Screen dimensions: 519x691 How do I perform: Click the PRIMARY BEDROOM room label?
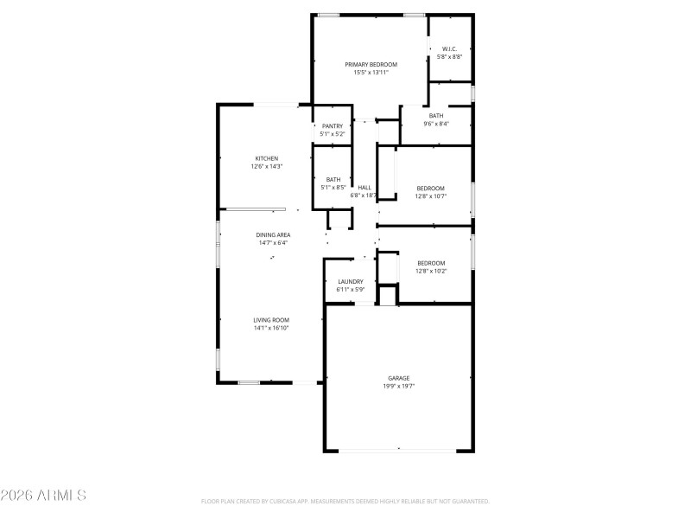(x=371, y=65)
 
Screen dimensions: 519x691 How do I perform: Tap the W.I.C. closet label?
(x=449, y=48)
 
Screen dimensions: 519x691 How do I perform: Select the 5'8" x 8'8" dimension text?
(x=449, y=56)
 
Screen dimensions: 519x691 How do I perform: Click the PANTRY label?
(x=333, y=126)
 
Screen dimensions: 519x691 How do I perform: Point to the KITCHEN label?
(x=266, y=158)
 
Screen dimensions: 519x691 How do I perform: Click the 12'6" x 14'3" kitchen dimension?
(x=266, y=166)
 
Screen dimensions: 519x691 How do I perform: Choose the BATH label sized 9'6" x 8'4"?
(x=436, y=116)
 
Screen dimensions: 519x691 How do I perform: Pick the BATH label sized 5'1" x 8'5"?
(x=333, y=180)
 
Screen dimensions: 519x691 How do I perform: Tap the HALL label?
(x=365, y=188)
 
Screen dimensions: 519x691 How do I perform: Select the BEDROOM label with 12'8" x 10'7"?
(x=431, y=189)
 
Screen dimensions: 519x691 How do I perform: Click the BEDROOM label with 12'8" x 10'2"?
(x=431, y=263)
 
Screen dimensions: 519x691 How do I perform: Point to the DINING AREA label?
(x=273, y=235)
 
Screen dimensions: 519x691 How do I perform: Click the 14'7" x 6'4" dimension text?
(x=273, y=243)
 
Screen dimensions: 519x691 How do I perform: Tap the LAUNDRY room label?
(x=350, y=281)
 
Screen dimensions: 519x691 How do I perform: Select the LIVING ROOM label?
(x=270, y=320)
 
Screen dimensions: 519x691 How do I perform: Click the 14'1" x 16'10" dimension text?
(x=270, y=328)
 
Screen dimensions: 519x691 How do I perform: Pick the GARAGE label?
(x=398, y=378)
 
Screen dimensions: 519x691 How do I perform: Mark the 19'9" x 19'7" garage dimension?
(x=398, y=386)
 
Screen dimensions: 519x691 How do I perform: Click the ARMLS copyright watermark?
(x=43, y=496)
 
